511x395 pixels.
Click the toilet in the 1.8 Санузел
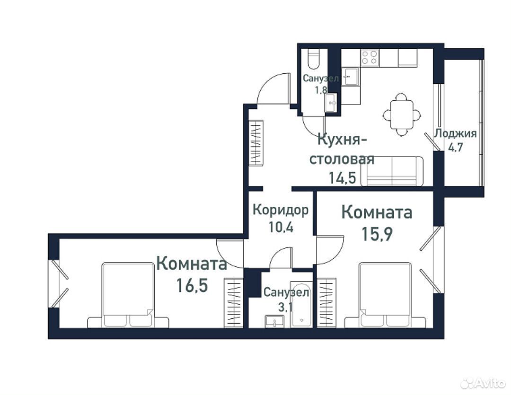(314, 59)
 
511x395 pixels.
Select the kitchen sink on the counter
(350, 77)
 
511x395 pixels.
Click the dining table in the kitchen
(402, 115)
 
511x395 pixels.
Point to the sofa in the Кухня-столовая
(392, 171)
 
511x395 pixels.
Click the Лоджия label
(456, 133)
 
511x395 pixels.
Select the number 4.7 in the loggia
(456, 147)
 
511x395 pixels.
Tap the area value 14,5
(342, 178)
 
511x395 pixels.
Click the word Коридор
(281, 210)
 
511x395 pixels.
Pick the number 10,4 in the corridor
(281, 227)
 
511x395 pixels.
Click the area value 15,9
(377, 234)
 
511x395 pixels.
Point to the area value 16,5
(192, 286)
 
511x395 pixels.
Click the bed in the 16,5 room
(128, 295)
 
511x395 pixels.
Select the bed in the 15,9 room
(385, 295)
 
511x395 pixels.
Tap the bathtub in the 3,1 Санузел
(301, 304)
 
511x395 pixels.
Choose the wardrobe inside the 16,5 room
(234, 303)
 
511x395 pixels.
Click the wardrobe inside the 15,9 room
(326, 303)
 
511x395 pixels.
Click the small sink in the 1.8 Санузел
(331, 103)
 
